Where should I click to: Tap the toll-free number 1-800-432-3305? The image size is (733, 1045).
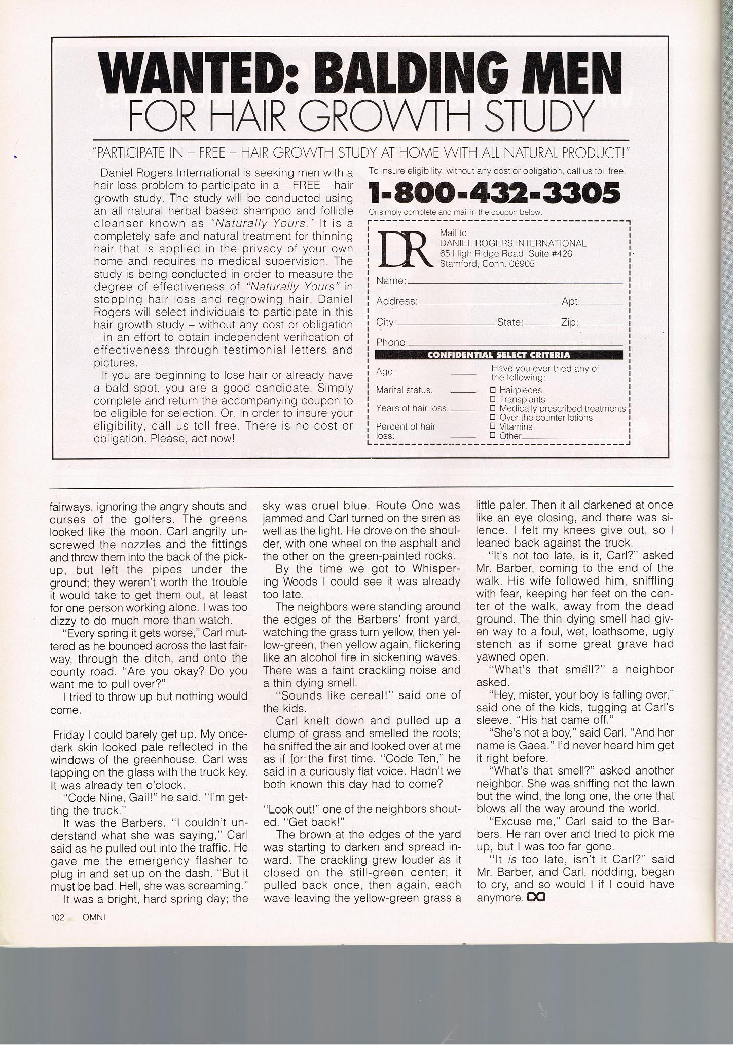click(x=494, y=193)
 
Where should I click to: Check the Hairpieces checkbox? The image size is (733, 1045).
click(x=492, y=390)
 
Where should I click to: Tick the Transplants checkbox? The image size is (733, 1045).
click(x=492, y=399)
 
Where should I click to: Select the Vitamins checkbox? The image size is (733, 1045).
click(x=492, y=427)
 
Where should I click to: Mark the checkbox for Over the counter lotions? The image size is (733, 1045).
click(x=492, y=417)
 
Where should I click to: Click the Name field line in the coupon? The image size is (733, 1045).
click(x=515, y=282)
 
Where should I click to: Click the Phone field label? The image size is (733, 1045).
click(x=391, y=342)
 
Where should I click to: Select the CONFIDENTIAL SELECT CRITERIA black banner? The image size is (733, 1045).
click(x=498, y=355)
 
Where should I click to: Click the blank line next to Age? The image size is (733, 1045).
click(x=462, y=374)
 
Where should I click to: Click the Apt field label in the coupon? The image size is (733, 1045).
click(x=570, y=301)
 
